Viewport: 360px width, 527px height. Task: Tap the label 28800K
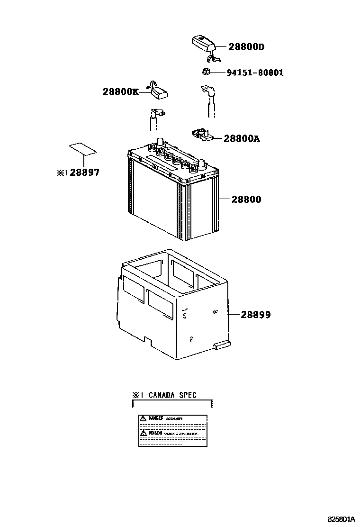pos(120,91)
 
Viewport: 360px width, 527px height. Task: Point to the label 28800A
pos(241,138)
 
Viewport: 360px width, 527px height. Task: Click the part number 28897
pos(85,173)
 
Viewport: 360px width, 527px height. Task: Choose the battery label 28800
pos(246,200)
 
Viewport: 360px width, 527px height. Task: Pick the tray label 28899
pos(255,314)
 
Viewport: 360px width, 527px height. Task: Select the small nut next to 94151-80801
pos(206,72)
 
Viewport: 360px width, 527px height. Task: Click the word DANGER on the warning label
pos(155,418)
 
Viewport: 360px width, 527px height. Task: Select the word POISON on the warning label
pos(155,433)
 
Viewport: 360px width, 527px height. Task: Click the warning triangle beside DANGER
pos(143,418)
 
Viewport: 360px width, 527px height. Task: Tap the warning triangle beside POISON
pos(143,433)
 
